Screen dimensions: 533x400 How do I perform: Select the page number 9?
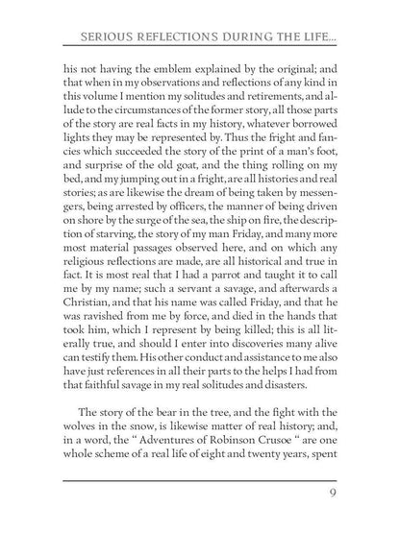[x=331, y=496]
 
